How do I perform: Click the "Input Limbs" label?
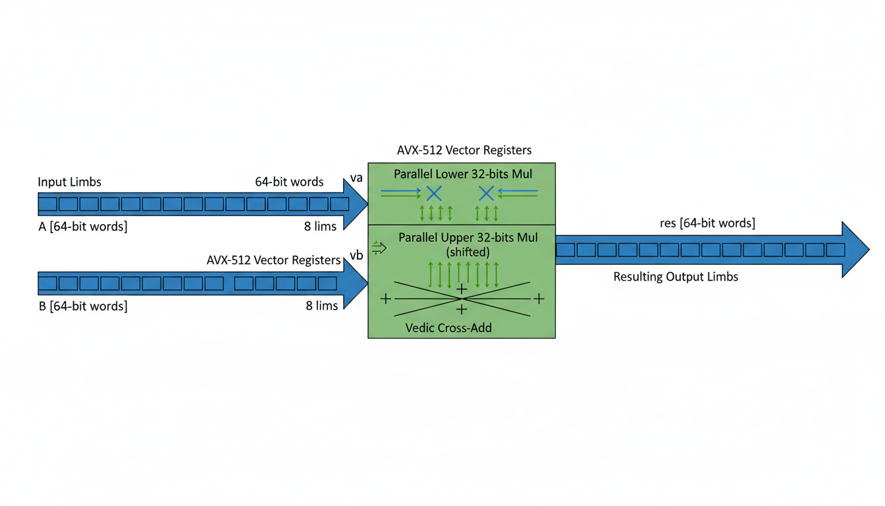tap(69, 183)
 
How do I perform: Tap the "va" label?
tap(356, 178)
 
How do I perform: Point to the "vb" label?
tap(356, 255)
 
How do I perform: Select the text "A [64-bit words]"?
tap(83, 227)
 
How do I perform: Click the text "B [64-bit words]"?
tap(83, 306)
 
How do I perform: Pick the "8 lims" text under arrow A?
tap(321, 226)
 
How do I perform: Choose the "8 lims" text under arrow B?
tap(322, 306)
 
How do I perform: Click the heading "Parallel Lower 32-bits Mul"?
tap(463, 174)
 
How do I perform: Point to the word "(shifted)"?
tap(468, 252)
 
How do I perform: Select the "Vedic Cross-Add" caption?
tap(448, 327)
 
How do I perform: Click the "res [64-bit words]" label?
tap(707, 223)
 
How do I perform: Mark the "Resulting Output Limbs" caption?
tap(676, 277)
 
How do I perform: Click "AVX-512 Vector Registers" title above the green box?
tap(464, 150)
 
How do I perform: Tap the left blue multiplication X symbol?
tap(433, 193)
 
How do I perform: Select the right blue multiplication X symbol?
tap(486, 193)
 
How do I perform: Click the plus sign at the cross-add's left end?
tap(385, 299)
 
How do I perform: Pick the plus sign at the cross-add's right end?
tap(539, 299)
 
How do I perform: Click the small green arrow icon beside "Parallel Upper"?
tap(379, 248)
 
